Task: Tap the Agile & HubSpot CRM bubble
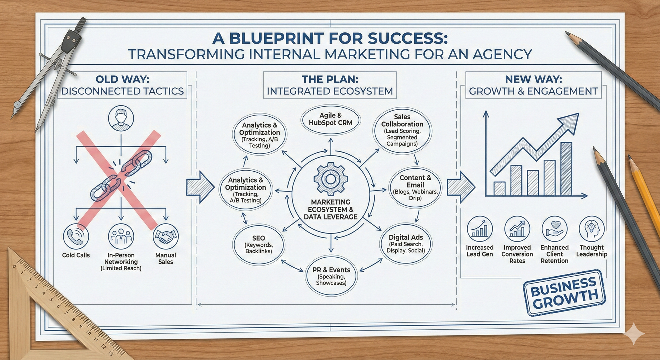pos(331,119)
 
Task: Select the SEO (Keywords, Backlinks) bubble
pos(259,244)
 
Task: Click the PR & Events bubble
pos(331,276)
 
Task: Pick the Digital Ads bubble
pos(406,244)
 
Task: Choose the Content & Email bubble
pos(415,187)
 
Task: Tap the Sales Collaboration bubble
pos(402,130)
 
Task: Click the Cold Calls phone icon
pos(76,236)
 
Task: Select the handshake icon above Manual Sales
pos(166,236)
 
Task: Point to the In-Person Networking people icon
pos(121,236)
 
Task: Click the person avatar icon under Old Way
pos(121,118)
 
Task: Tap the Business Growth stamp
pos(564,293)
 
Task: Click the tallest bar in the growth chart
pos(566,169)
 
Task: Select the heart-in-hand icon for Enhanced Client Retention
pos(554,229)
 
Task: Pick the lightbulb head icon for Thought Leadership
pos(592,229)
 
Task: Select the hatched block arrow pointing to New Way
pos(460,187)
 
